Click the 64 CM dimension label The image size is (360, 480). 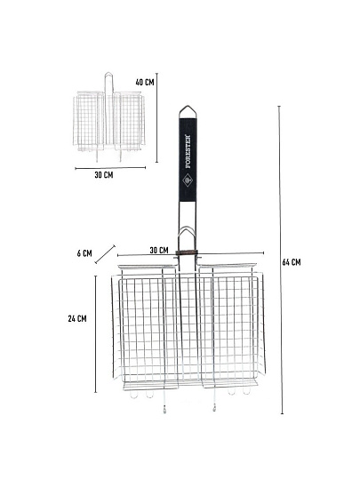point(292,262)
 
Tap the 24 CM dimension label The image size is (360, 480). point(77,319)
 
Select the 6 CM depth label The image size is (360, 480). point(84,253)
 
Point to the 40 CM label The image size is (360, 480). point(145,82)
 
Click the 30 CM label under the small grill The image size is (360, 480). point(104,175)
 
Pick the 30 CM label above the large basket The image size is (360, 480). point(159,250)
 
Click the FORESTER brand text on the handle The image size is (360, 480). point(188,151)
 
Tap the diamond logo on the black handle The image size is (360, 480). point(187,180)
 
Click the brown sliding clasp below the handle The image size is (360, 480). point(187,252)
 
